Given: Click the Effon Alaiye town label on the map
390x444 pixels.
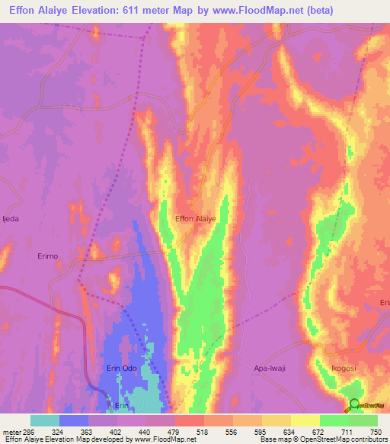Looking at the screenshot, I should click(x=196, y=218).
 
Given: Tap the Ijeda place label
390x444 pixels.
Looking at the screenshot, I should click(x=11, y=217).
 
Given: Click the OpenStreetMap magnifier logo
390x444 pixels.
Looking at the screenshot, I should click(x=353, y=405).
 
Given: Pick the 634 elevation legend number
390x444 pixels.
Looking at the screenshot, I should click(x=289, y=431).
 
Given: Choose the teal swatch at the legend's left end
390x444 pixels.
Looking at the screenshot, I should click(x=45, y=420).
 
